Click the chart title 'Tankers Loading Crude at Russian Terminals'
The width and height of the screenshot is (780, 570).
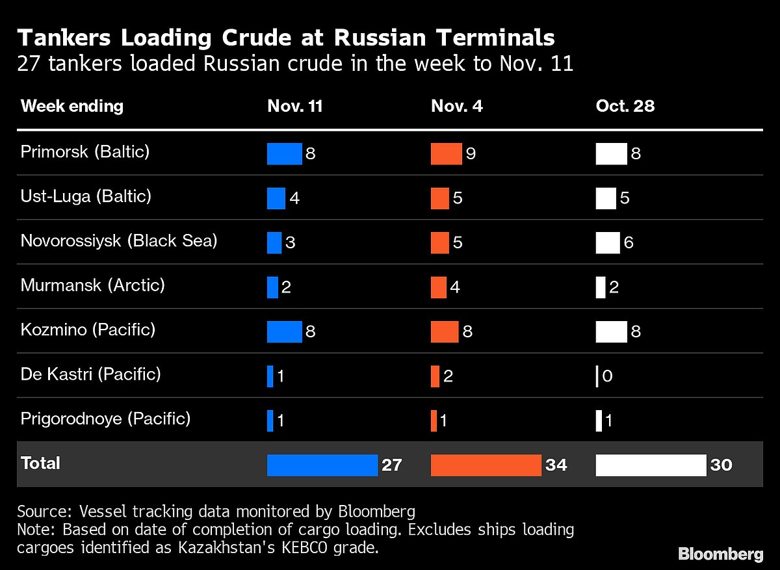(x=286, y=38)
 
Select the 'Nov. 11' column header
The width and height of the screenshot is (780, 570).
(x=294, y=107)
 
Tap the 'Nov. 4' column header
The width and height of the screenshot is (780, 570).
(x=456, y=107)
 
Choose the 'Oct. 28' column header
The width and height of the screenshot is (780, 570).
(x=625, y=107)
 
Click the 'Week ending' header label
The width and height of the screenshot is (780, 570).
(x=72, y=107)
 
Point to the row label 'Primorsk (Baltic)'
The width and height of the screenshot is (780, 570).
(x=85, y=152)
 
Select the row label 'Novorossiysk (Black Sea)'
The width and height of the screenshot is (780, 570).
(x=119, y=241)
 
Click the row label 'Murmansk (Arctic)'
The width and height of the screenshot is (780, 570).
(x=92, y=285)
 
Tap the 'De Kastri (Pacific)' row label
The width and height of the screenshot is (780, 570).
(x=90, y=374)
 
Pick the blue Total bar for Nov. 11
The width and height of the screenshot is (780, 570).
(x=322, y=465)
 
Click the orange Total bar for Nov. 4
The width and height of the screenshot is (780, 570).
(x=486, y=465)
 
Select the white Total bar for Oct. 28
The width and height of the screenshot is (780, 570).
(x=651, y=465)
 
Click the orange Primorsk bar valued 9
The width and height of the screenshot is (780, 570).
(x=446, y=153)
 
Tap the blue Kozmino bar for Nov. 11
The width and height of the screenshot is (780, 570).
(x=284, y=331)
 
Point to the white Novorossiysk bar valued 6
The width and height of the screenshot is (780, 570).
(x=607, y=242)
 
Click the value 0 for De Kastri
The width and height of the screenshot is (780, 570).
(x=607, y=376)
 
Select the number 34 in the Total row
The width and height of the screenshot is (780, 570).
(x=556, y=465)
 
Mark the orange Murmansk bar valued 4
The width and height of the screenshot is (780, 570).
(x=439, y=287)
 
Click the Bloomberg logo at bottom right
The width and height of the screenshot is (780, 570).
(x=720, y=554)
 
